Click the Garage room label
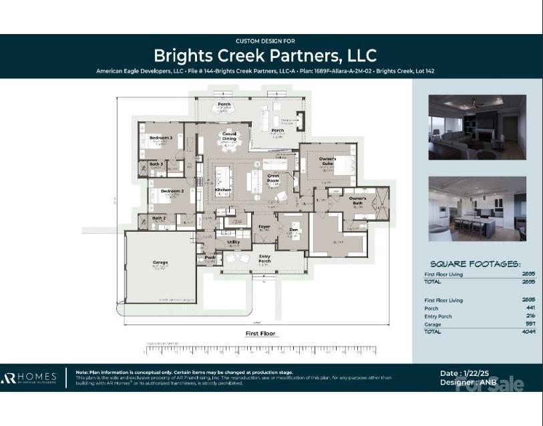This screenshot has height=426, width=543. [160, 262]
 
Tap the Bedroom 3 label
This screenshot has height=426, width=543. [161, 138]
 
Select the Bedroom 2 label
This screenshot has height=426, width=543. [172, 191]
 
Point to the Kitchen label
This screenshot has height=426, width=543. [222, 190]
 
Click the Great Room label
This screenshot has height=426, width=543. [273, 178]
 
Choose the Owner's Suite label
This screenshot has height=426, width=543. [327, 160]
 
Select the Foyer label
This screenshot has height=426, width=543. [264, 226]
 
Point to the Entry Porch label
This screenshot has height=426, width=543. [264, 257]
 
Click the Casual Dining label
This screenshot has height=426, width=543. [229, 136]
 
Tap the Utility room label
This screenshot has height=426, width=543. [234, 242]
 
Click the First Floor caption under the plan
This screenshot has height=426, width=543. [260, 333]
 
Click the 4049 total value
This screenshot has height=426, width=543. [528, 332]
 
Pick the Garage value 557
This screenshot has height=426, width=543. [529, 324]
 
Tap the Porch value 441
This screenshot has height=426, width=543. [530, 308]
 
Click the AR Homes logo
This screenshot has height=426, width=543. [29, 378]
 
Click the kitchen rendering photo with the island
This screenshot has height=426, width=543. [477, 208]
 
